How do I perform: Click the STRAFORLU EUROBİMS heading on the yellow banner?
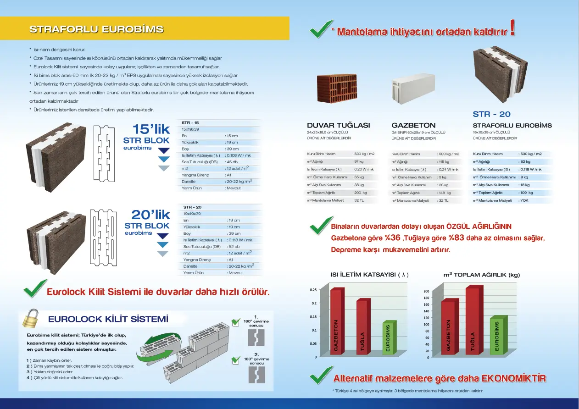pos(96,29)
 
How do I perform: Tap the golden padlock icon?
pos(31,319)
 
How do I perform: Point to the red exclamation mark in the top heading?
pos(512,28)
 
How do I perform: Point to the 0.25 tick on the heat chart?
pos(313,290)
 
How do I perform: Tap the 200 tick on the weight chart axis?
pos(426,291)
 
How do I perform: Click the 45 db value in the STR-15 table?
pos(232,162)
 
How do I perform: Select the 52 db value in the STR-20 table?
pos(234,247)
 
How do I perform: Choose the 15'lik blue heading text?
pos(151,129)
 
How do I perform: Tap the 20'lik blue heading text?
pos(150,215)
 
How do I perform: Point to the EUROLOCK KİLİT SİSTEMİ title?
pos(108,319)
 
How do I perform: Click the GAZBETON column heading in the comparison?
pos(413,125)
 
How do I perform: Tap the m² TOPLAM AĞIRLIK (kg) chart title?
pos(481,275)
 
